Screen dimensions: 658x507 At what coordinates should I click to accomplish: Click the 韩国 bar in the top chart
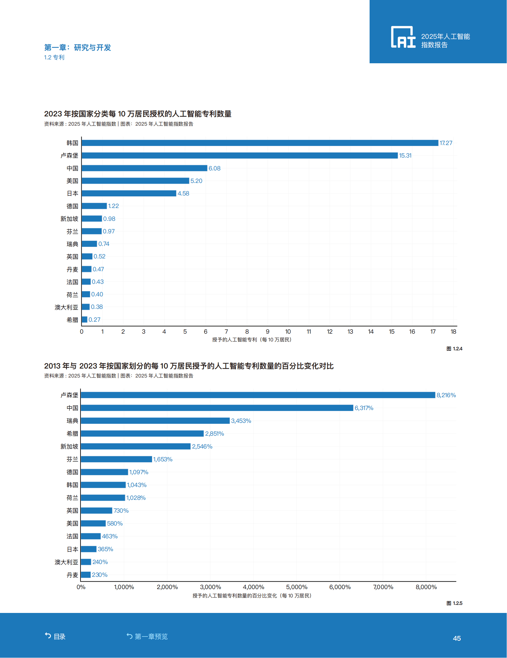pyautogui.click(x=260, y=143)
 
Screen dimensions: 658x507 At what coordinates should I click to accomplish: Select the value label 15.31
pyautogui.click(x=405, y=155)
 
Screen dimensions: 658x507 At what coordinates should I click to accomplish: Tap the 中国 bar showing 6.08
pyautogui.click(x=145, y=168)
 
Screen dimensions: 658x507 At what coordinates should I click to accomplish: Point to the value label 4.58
pyautogui.click(x=183, y=193)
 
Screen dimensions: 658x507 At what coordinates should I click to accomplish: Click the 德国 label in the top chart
pyautogui.click(x=72, y=206)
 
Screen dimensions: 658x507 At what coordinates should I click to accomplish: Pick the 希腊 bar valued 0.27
pyautogui.click(x=85, y=319)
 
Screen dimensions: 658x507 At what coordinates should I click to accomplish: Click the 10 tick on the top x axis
pyautogui.click(x=288, y=332)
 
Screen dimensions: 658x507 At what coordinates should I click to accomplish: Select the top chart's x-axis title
pyautogui.click(x=252, y=340)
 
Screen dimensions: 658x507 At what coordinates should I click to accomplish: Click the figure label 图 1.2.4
pyautogui.click(x=454, y=349)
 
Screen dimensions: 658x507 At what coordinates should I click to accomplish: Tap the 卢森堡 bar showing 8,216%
pyautogui.click(x=258, y=395)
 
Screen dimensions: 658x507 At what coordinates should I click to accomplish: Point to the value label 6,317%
pyautogui.click(x=364, y=408)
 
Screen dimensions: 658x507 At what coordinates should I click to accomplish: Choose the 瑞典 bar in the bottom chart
pyautogui.click(x=155, y=421)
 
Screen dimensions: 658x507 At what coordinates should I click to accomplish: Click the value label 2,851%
pyautogui.click(x=215, y=434)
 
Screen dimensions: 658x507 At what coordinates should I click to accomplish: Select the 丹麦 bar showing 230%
pyautogui.click(x=86, y=575)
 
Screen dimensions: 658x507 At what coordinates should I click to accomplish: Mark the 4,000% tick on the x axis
pyautogui.click(x=253, y=587)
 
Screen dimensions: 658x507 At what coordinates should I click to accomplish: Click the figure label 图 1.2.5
pyautogui.click(x=454, y=603)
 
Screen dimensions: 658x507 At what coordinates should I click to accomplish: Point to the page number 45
pyautogui.click(x=457, y=638)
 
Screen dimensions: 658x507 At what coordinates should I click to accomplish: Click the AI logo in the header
pyautogui.click(x=403, y=37)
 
